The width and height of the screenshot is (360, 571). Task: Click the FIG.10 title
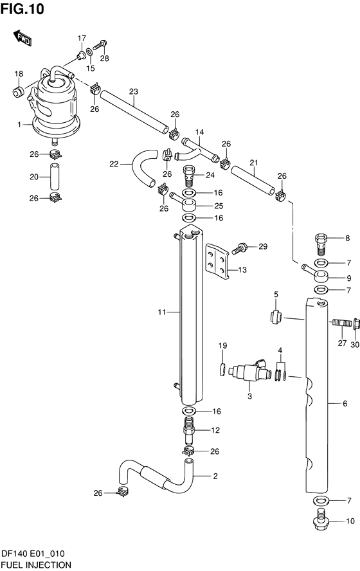(22, 8)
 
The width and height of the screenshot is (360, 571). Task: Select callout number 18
(19, 74)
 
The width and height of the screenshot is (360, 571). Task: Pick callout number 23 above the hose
(134, 91)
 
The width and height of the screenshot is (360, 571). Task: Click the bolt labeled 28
(100, 46)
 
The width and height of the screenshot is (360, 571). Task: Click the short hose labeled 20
(55, 177)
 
